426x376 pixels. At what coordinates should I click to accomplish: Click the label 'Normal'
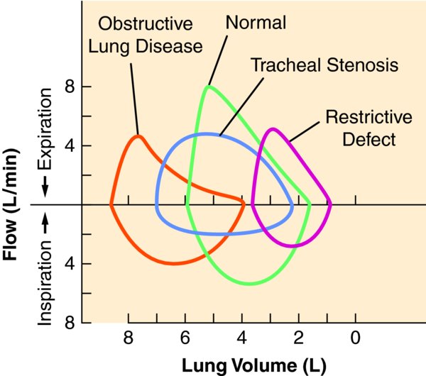pyautogui.click(x=256, y=22)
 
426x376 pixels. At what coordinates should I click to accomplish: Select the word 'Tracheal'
pyautogui.click(x=287, y=65)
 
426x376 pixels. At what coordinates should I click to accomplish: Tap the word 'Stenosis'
pyautogui.click(x=363, y=65)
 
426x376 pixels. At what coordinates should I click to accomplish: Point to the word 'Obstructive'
pyautogui.click(x=146, y=23)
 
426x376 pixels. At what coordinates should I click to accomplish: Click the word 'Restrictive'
pyautogui.click(x=369, y=117)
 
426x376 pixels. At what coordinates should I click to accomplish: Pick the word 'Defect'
pyautogui.click(x=369, y=139)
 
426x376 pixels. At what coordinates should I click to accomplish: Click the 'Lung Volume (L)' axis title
pyautogui.click(x=254, y=365)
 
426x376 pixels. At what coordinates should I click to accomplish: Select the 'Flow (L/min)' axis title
pyautogui.click(x=10, y=204)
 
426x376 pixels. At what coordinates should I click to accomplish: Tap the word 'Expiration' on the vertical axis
pyautogui.click(x=45, y=129)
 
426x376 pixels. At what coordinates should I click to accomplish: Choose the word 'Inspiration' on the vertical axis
pyautogui.click(x=45, y=283)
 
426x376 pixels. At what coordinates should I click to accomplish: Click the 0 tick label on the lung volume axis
pyautogui.click(x=356, y=338)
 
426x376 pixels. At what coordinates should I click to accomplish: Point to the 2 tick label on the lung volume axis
pyautogui.click(x=299, y=338)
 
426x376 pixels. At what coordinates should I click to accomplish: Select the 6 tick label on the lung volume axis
pyautogui.click(x=185, y=338)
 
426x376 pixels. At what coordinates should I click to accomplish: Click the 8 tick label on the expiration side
pyautogui.click(x=70, y=87)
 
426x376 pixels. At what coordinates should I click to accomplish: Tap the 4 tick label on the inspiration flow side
pyautogui.click(x=70, y=264)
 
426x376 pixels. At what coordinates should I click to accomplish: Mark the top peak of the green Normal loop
pyautogui.click(x=208, y=87)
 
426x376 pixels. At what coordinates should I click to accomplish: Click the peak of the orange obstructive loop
pyautogui.click(x=138, y=136)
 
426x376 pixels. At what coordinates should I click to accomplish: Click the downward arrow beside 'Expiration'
pyautogui.click(x=45, y=187)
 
